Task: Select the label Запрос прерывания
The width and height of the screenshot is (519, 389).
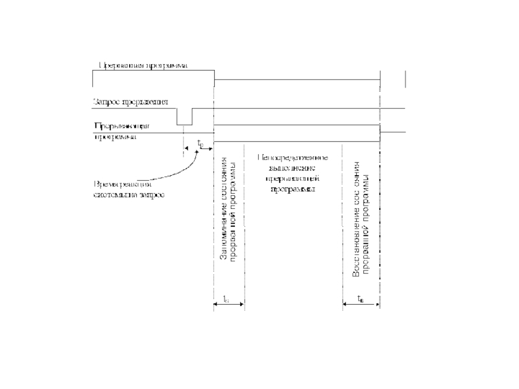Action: (x=132, y=102)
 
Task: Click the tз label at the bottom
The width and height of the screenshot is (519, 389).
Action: (x=225, y=299)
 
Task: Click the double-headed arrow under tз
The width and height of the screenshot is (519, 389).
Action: (x=229, y=305)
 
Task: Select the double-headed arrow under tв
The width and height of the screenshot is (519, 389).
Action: (x=361, y=305)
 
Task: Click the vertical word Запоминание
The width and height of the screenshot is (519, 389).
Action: (x=223, y=227)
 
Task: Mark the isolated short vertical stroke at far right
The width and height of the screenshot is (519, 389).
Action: (x=405, y=77)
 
